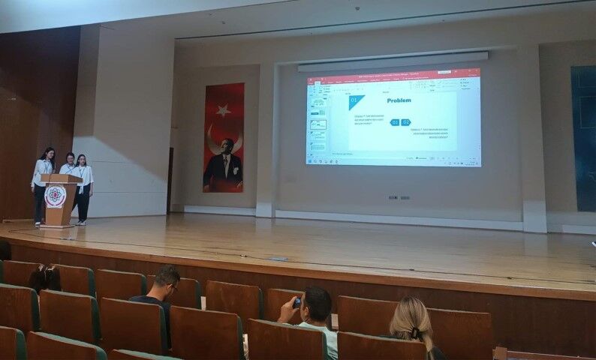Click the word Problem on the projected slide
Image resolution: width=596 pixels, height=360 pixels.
click(399, 100)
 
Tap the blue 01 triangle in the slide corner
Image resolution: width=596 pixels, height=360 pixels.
click(354, 100)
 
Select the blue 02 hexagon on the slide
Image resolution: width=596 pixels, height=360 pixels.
click(405, 122)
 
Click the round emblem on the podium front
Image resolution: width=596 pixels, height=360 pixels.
click(56, 196)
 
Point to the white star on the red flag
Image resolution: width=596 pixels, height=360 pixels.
click(223, 110)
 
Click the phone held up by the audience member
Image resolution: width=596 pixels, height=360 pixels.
click(297, 302)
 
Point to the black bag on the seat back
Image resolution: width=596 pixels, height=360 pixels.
click(45, 278)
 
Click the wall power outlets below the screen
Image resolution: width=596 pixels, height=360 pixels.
click(399, 198)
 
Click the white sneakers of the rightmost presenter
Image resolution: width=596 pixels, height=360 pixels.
click(81, 221)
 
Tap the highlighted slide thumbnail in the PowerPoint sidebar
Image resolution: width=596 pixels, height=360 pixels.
click(318, 124)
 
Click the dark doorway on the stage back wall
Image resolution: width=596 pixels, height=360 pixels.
click(170, 180)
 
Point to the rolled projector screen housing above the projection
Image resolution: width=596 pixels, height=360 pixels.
click(393, 61)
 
